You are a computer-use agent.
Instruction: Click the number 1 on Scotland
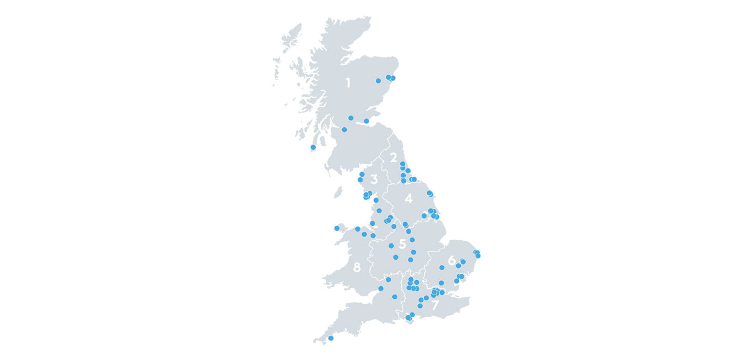pyautogui.click(x=348, y=83)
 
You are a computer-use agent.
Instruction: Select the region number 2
pyautogui.click(x=393, y=157)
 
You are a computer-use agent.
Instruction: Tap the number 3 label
pyautogui.click(x=374, y=179)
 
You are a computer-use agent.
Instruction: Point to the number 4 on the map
pyautogui.click(x=409, y=199)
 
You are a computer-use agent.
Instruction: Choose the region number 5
pyautogui.click(x=403, y=244)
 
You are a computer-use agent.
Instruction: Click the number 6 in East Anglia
pyautogui.click(x=451, y=261)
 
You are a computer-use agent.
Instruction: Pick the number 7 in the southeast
pyautogui.click(x=435, y=306)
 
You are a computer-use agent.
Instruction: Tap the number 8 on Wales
pyautogui.click(x=357, y=268)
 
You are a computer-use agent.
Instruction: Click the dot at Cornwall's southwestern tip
pyautogui.click(x=331, y=338)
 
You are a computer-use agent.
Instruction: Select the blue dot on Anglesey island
pyautogui.click(x=337, y=229)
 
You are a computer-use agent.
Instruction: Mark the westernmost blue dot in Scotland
pyautogui.click(x=313, y=147)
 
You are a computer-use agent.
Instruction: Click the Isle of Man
pyautogui.click(x=338, y=192)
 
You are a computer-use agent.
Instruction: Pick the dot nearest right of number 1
pyautogui.click(x=378, y=81)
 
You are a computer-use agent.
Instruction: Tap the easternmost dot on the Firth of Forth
pyautogui.click(x=366, y=121)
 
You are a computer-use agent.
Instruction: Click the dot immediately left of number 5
pyautogui.click(x=391, y=246)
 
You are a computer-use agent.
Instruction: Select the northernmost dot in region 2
pyautogui.click(x=402, y=164)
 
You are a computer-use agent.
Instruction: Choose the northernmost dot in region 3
pyautogui.click(x=362, y=174)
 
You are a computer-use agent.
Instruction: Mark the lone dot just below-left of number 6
pyautogui.click(x=442, y=268)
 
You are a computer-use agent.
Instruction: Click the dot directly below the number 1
pyautogui.click(x=350, y=118)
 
